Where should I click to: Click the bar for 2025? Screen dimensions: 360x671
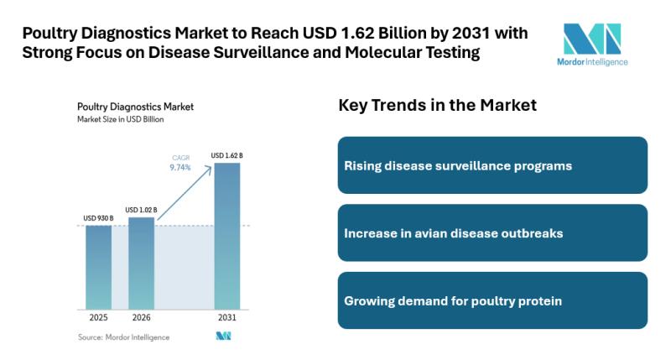pyautogui.click(x=98, y=267)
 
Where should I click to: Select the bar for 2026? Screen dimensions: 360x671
pyautogui.click(x=141, y=263)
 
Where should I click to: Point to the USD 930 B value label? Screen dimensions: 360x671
pyautogui.click(x=98, y=218)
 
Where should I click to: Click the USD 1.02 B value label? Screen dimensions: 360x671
pyautogui.click(x=141, y=210)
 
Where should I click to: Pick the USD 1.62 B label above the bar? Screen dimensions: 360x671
pyautogui.click(x=226, y=155)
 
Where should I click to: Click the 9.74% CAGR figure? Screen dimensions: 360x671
pyautogui.click(x=181, y=167)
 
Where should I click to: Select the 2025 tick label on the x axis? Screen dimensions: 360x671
pyautogui.click(x=98, y=319)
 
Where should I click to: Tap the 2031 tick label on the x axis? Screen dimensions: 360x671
pyautogui.click(x=226, y=319)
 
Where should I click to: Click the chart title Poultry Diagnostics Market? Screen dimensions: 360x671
pyautogui.click(x=135, y=107)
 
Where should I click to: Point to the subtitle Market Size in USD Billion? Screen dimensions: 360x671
pyautogui.click(x=120, y=119)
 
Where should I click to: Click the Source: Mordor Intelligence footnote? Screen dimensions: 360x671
pyautogui.click(x=123, y=337)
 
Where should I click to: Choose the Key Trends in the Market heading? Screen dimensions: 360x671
pyautogui.click(x=437, y=106)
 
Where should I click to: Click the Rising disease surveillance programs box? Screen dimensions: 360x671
pyautogui.click(x=492, y=165)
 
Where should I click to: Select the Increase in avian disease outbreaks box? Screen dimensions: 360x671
pyautogui.click(x=492, y=232)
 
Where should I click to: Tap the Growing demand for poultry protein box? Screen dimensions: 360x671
pyautogui.click(x=492, y=300)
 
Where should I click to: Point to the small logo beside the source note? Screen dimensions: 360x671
pyautogui.click(x=223, y=337)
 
